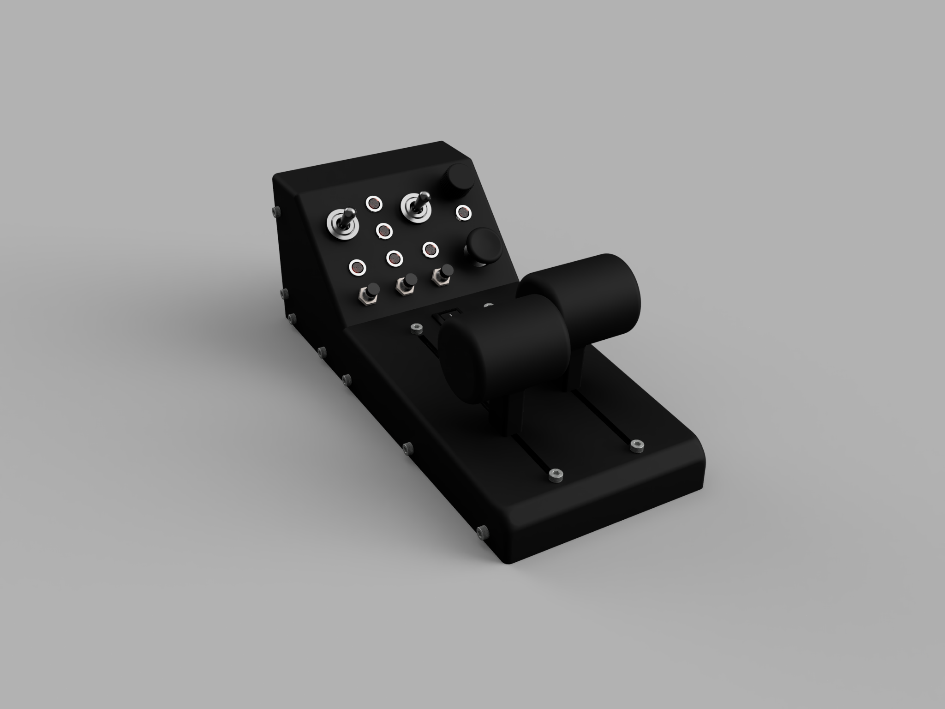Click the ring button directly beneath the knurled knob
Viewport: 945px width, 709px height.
(463, 212)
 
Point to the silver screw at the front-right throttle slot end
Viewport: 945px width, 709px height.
(637, 446)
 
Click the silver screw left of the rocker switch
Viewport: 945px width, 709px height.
(417, 328)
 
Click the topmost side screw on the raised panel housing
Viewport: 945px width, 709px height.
(276, 210)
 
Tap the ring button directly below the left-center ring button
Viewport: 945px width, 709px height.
(394, 257)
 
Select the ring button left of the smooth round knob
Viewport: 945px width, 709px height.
(431, 249)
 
